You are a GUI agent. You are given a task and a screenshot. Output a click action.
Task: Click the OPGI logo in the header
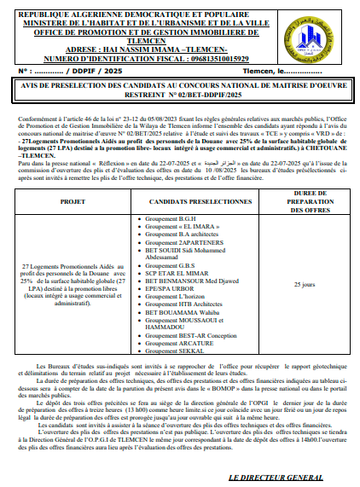[x=320, y=31]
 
